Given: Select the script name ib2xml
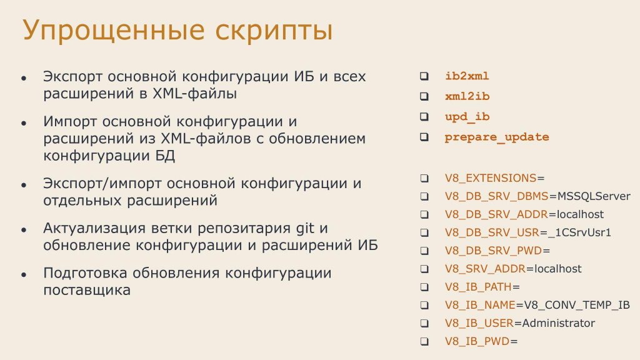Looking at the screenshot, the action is point(467,76).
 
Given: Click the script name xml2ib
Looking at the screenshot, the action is point(467,96).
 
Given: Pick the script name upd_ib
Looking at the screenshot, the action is point(467,117).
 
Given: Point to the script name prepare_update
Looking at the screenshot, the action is point(497,137).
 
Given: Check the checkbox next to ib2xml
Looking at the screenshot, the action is point(424,76).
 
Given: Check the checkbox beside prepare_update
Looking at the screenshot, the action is point(424,137).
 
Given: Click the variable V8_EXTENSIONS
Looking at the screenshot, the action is point(491,178).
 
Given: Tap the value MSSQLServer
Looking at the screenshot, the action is point(594,196).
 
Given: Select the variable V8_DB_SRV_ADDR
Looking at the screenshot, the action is point(496,215).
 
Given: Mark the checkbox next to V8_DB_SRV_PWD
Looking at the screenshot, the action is point(424,251).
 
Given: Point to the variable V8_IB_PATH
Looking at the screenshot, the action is point(478,287).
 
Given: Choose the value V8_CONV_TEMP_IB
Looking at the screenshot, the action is point(577,305).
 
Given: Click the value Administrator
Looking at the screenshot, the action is point(558,323).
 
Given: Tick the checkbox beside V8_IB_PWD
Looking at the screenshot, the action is point(424,341).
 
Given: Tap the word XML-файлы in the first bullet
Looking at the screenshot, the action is point(194,94).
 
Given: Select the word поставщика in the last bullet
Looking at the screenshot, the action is point(87,291).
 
